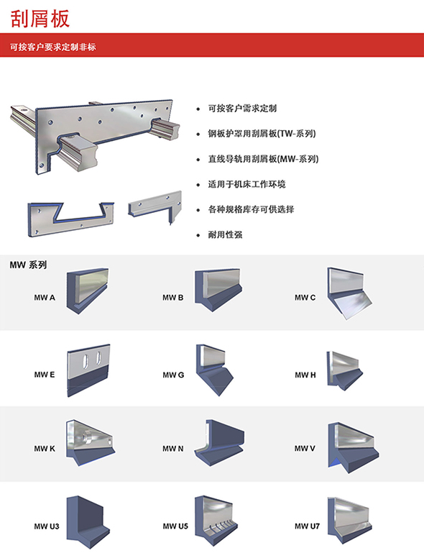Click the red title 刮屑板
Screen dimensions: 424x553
point(40,19)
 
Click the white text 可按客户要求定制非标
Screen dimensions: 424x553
point(53,47)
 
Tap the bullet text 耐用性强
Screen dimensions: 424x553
point(225,234)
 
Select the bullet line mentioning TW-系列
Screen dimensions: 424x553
point(262,134)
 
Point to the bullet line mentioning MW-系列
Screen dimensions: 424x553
point(263,159)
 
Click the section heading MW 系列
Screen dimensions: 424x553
point(28,265)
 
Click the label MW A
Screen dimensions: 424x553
point(45,298)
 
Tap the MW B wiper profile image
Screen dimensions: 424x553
point(218,291)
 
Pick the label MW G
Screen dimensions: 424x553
point(173,375)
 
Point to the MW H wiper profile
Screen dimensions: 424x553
point(344,370)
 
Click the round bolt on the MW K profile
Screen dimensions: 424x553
point(86,438)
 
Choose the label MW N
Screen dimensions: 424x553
point(173,449)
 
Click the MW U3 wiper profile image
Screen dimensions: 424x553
point(88,522)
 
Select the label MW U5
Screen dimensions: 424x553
point(175,526)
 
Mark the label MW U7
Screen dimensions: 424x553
point(308,526)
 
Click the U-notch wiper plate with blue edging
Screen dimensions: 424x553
point(71,219)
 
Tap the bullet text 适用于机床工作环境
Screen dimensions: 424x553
point(246,184)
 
